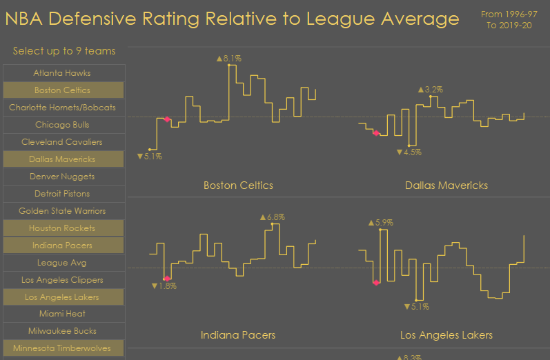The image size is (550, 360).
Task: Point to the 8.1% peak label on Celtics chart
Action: (x=229, y=59)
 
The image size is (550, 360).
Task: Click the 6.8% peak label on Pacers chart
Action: (x=273, y=217)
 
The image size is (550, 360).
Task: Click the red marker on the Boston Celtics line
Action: (x=167, y=119)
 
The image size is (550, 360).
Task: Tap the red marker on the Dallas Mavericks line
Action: (x=376, y=133)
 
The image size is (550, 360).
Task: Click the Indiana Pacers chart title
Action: (x=238, y=335)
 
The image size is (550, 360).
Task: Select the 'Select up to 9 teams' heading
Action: (x=64, y=51)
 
